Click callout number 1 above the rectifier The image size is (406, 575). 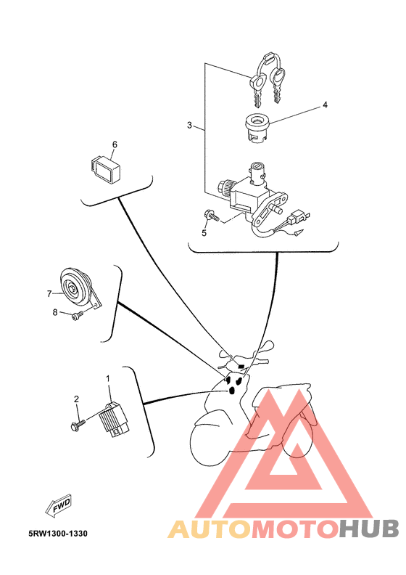(x=108, y=378)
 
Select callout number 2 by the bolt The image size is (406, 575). (x=77, y=399)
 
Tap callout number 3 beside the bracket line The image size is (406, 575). (x=189, y=126)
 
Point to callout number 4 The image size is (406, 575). (x=325, y=105)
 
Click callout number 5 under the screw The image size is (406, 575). (x=204, y=233)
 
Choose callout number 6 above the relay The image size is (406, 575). (x=115, y=144)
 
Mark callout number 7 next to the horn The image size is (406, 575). (x=49, y=294)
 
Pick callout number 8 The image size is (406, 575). (x=55, y=312)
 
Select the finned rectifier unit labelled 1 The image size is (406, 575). (x=115, y=420)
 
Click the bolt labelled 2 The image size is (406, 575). (x=78, y=425)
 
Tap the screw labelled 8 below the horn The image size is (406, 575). (x=78, y=314)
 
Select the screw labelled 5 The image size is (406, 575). (x=211, y=216)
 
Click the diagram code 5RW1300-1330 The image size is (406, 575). (x=58, y=534)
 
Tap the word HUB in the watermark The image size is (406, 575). (x=368, y=529)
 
